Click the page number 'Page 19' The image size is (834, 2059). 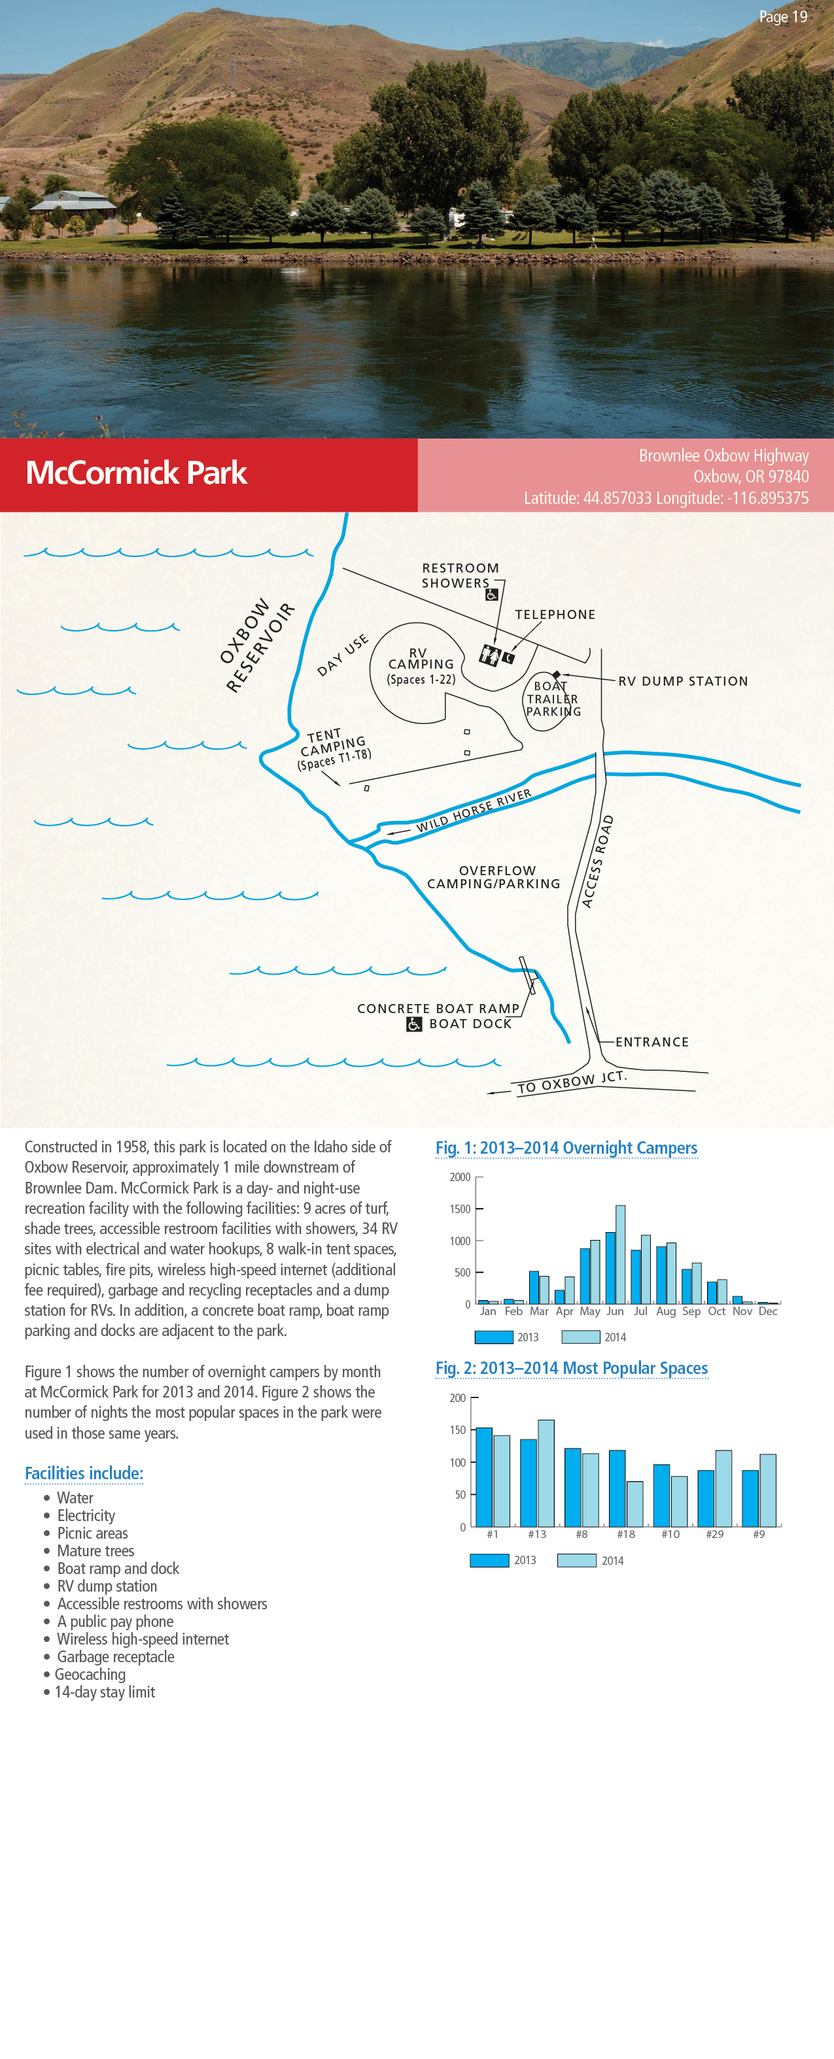coord(782,17)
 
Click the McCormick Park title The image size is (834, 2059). coord(136,473)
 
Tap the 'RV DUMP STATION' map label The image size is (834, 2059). coord(683,681)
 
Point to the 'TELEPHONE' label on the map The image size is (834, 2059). coord(555,614)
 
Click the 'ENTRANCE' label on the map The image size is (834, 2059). coord(652,1041)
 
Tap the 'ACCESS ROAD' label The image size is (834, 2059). coord(597,862)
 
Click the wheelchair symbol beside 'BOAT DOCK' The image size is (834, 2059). coord(414,1024)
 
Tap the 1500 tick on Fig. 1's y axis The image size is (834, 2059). coord(460,1209)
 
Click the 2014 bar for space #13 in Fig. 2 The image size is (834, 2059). coord(546,1473)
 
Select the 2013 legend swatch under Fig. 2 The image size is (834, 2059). coord(489,1560)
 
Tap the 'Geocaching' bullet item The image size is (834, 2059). coord(90,1675)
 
